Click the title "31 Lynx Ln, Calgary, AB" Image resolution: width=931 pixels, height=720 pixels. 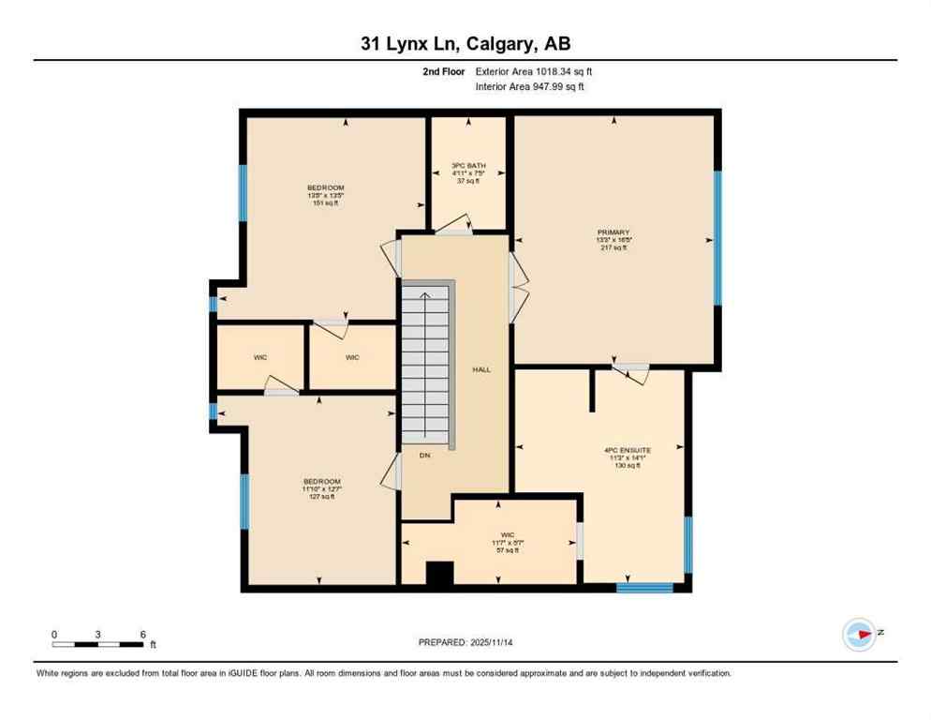coord(465,43)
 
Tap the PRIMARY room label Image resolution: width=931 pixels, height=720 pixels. coord(613,240)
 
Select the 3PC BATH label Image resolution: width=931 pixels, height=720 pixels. coord(468,172)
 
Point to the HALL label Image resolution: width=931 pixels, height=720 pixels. coord(481,369)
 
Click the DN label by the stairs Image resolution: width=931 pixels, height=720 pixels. coord(424,456)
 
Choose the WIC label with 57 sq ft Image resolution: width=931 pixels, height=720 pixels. coord(507,543)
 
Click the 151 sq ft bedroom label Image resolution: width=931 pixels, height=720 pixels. coord(325,195)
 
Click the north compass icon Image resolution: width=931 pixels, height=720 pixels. coord(859,635)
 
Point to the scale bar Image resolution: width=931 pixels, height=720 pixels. coord(98,644)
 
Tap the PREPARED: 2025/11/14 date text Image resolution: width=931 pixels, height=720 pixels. coord(465,642)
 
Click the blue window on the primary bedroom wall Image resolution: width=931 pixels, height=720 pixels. coord(718,238)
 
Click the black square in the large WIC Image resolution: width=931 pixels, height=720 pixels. coord(439,573)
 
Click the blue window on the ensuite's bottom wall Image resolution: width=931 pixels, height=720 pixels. coord(644,588)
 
